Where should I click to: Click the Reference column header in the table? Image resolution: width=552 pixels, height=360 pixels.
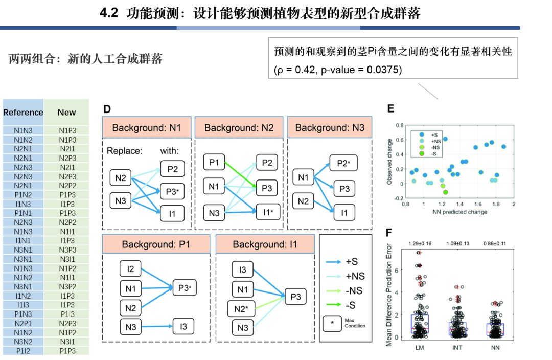(x=23, y=112)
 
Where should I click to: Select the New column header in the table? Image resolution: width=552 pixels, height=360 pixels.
(x=67, y=112)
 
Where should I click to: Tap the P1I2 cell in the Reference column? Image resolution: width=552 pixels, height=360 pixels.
(x=24, y=351)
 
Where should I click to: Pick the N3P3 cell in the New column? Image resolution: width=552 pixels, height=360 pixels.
(x=67, y=250)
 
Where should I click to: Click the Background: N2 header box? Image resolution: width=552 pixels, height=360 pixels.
(x=239, y=128)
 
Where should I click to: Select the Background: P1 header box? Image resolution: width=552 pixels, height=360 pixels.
(x=156, y=245)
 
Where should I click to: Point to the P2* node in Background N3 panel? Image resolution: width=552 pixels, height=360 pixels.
(x=343, y=164)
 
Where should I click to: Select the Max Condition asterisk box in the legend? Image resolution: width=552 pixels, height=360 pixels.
(x=332, y=323)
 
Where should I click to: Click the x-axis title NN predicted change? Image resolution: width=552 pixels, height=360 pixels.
(x=459, y=212)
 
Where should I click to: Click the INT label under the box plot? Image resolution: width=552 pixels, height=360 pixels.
(x=458, y=348)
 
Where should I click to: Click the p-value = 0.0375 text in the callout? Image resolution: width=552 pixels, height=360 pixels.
(x=358, y=69)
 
